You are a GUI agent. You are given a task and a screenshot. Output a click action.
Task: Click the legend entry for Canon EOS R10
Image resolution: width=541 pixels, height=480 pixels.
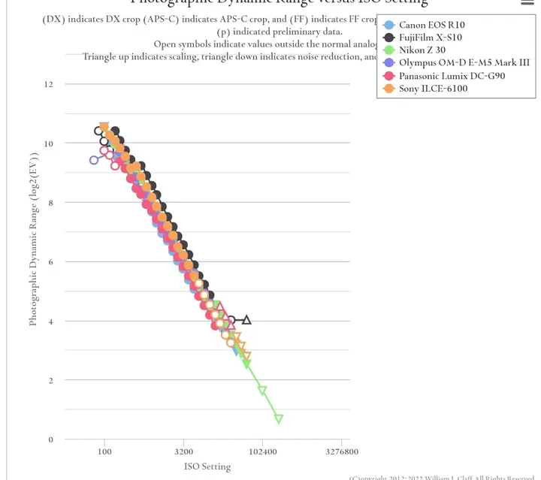431,25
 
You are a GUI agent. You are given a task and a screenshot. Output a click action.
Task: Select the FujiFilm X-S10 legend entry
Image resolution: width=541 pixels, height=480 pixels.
430,38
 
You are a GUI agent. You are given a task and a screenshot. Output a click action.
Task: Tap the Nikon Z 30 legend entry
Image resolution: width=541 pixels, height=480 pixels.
422,50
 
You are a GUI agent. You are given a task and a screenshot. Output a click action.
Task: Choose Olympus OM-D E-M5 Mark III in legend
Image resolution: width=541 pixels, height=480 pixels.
464,63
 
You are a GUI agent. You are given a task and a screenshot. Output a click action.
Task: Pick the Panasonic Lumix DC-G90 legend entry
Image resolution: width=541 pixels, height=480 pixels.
452,76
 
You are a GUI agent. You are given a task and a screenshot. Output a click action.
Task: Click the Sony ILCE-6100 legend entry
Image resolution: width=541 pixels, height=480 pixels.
433,89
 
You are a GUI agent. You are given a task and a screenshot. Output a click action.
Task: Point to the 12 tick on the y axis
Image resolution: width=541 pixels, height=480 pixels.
49,84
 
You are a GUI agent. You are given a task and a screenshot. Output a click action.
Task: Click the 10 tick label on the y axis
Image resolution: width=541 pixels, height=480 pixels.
49,143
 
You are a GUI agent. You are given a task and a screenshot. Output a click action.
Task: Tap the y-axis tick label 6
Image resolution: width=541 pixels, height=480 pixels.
51,262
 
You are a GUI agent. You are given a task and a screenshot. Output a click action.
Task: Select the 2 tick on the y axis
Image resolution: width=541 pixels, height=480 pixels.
51,381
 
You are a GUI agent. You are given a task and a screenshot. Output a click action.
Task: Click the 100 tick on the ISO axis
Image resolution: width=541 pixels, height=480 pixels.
104,452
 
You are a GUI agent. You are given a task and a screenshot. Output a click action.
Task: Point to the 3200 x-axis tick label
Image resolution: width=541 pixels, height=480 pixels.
183,452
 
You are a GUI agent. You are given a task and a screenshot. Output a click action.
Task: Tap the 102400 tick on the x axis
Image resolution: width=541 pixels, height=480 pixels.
262,452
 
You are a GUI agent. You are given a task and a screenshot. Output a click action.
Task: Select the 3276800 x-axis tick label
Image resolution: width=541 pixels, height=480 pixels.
341,452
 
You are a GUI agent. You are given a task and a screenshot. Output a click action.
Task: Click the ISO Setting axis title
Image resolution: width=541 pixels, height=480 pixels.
207,466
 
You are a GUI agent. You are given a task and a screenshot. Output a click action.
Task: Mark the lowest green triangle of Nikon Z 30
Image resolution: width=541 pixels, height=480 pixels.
279,419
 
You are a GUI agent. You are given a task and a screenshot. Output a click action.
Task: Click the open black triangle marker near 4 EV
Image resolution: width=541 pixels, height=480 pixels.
246,320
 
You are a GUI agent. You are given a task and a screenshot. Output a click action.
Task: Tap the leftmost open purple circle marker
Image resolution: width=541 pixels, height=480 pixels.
94,160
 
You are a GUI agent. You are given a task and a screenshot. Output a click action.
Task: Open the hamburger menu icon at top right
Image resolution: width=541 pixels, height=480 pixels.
527,2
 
